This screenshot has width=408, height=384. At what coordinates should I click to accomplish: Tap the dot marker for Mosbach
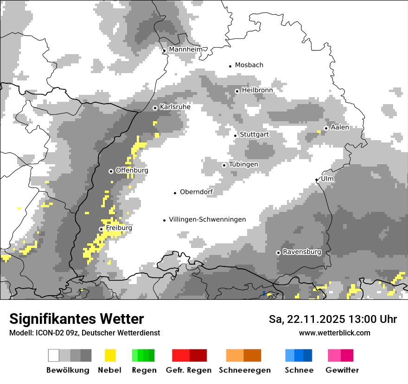tap(230, 66)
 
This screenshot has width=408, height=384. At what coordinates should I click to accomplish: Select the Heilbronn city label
tap(257, 90)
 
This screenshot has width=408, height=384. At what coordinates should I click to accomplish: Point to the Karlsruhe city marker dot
tap(155, 108)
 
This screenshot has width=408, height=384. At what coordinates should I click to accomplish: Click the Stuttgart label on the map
tap(254, 134)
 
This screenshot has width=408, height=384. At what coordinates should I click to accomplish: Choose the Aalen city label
tap(340, 127)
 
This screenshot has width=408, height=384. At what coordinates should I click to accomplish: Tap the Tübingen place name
tap(243, 164)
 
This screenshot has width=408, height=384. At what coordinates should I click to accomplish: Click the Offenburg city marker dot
tap(111, 171)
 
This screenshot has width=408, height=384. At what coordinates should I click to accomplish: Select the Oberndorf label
tap(197, 192)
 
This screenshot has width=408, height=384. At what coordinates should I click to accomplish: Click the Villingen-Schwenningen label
tap(207, 219)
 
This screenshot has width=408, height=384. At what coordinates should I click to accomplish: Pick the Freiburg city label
tap(119, 228)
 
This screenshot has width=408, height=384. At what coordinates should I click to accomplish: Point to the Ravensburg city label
tap(302, 252)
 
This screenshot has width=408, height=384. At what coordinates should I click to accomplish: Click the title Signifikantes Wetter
tap(76, 319)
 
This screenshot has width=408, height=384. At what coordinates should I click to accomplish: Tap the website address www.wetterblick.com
tap(334, 333)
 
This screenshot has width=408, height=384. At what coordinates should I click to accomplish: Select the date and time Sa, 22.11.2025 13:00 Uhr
tap(332, 319)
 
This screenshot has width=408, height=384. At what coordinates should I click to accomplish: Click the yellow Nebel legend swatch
tap(110, 355)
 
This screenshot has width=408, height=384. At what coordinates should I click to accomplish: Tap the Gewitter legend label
tap(342, 370)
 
